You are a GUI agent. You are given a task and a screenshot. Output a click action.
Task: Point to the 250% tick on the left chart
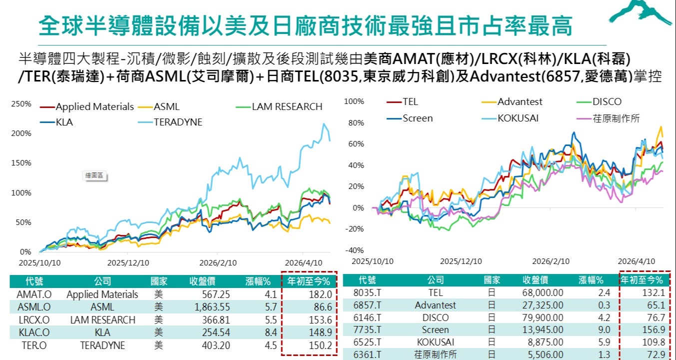tap(21, 104)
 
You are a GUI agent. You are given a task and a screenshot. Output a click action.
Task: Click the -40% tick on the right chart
tap(355, 250)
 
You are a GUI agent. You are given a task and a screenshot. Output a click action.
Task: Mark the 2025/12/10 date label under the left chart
tap(128, 263)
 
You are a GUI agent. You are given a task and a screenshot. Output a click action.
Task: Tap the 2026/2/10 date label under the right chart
tap(551, 261)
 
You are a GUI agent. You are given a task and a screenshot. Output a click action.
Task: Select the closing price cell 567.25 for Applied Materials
tap(216, 294)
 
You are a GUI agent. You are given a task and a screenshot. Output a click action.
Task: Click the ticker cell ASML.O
tap(34, 307)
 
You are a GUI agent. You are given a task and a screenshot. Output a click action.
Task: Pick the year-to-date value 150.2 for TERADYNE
tap(320, 345)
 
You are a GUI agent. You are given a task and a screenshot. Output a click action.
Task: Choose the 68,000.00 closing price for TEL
tap(543, 292)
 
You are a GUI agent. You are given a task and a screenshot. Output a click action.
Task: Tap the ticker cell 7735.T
tap(367, 329)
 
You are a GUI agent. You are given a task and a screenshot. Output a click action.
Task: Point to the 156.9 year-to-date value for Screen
tap(654, 329)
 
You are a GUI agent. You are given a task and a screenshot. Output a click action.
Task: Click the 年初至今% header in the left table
tap(308, 281)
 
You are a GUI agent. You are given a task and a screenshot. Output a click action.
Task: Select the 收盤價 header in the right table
tap(536, 280)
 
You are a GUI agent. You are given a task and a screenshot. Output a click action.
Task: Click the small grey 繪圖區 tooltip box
tap(94, 175)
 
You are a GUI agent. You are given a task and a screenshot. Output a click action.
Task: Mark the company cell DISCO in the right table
tap(436, 317)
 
